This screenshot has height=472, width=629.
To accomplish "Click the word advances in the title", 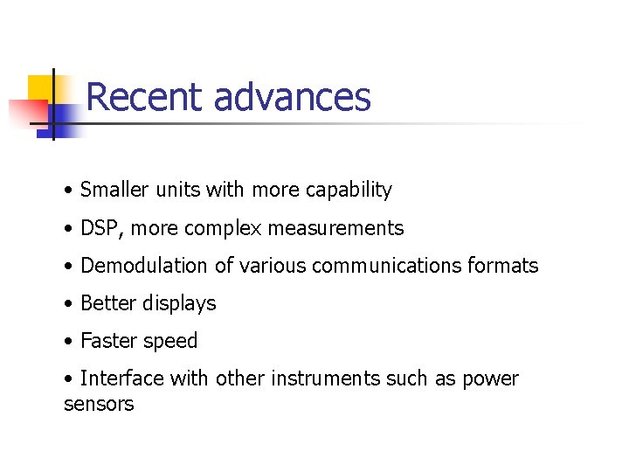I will [292, 97].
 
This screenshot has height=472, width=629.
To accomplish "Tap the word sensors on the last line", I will [99, 405].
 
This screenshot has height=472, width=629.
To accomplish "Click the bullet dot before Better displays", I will [68, 304].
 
